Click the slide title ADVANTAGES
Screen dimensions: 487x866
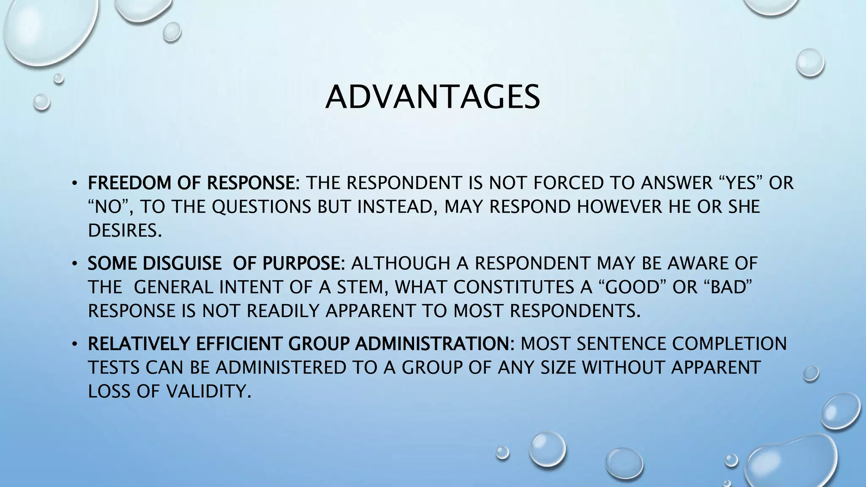tap(433, 97)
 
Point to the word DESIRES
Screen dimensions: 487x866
tap(125, 230)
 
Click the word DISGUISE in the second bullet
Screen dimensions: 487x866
tap(182, 263)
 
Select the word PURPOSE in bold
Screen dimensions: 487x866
tap(301, 263)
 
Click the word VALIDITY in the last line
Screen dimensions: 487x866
tap(206, 391)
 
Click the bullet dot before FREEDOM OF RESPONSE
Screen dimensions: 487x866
tap(74, 183)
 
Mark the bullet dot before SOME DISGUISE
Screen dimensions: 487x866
tap(74, 264)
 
